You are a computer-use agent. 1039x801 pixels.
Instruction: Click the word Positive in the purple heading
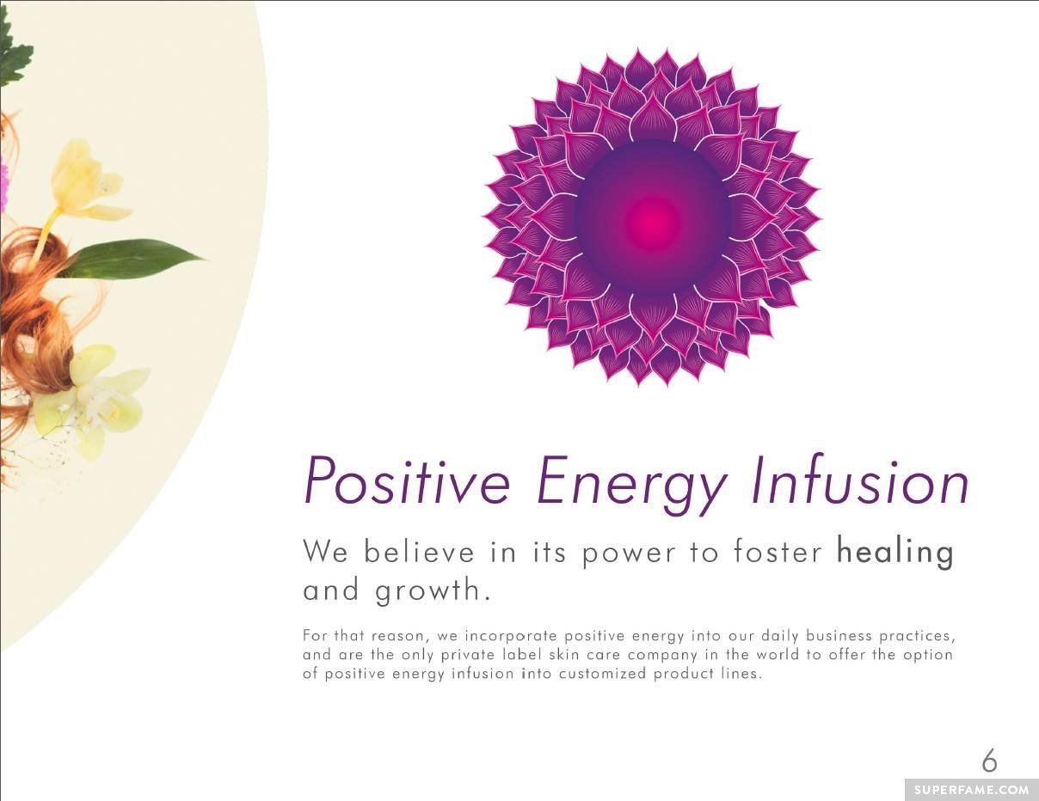(408, 480)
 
